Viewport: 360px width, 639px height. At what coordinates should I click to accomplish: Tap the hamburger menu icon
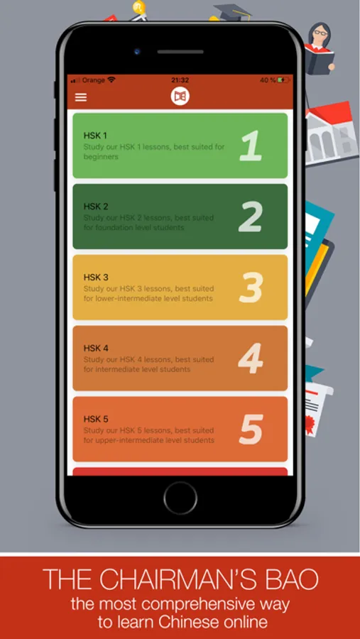coord(81,97)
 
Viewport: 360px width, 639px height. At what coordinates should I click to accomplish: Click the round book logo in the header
coord(180,97)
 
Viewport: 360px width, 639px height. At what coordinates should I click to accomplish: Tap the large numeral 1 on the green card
coord(251,146)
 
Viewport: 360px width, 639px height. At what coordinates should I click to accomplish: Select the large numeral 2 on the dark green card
coord(251,217)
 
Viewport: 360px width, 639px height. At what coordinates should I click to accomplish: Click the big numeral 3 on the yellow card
coord(251,288)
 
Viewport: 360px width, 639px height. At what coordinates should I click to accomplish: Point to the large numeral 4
coord(251,359)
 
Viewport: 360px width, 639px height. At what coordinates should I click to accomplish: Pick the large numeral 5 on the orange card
coord(251,429)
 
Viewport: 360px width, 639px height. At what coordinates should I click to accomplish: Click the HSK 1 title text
coord(95,136)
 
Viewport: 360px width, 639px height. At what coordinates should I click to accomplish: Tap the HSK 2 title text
coord(96,207)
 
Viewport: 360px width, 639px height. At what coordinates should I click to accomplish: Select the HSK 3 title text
coord(96,278)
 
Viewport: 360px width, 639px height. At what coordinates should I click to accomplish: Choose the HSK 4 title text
coord(96,349)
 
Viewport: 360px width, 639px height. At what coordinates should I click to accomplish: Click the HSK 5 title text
coord(96,420)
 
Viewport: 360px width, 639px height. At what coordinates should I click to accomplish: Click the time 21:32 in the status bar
coord(180,80)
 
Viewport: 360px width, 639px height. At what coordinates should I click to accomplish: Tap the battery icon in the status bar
coord(283,80)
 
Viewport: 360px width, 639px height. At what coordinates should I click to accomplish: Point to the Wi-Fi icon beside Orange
coord(111,80)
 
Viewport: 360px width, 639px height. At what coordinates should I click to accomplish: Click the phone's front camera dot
coord(137,51)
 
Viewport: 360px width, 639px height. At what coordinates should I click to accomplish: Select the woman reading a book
coord(320,48)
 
